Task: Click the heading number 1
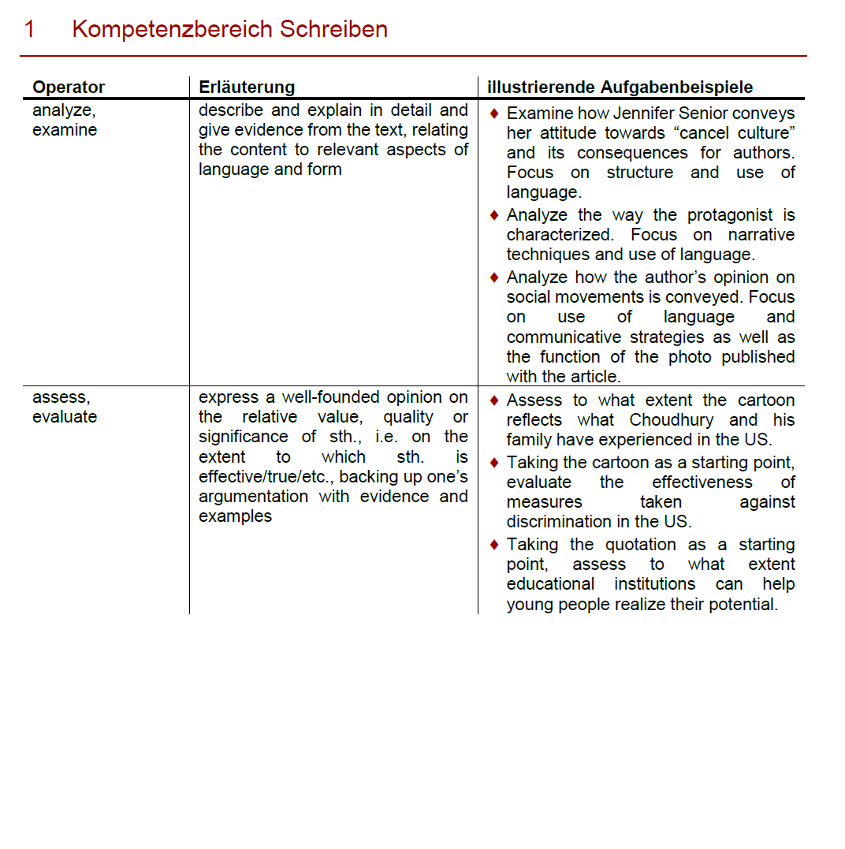(29, 30)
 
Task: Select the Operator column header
(69, 88)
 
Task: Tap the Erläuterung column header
(247, 88)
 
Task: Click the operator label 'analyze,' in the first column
(64, 111)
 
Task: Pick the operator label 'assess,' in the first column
(61, 397)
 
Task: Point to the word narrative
(761, 235)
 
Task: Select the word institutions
(655, 584)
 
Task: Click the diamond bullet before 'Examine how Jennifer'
(494, 114)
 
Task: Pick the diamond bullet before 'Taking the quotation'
(494, 545)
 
